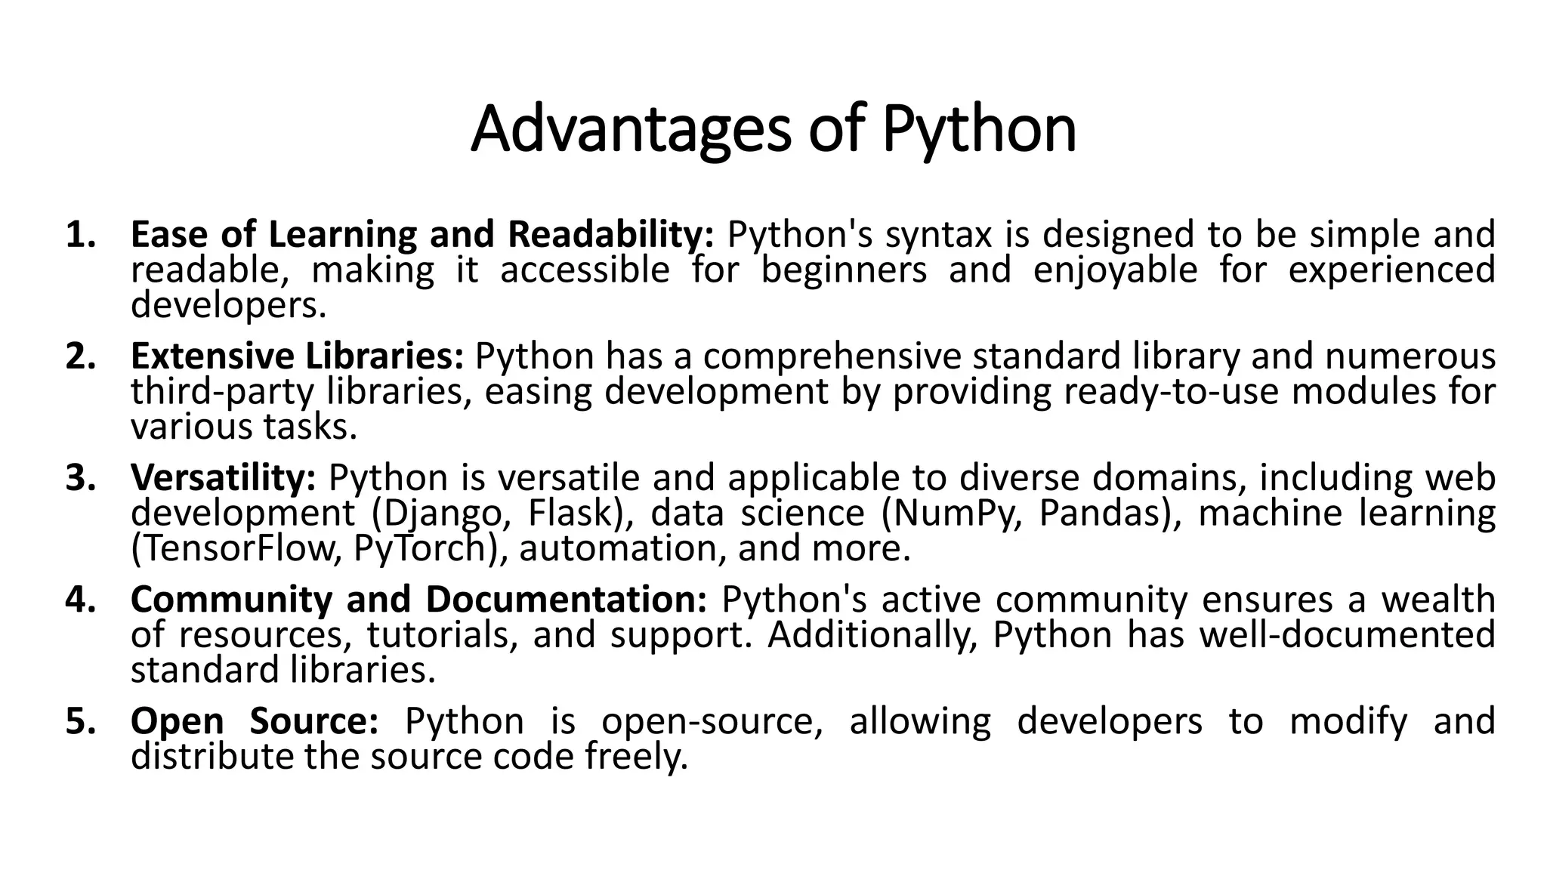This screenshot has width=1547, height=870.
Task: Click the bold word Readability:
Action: click(610, 235)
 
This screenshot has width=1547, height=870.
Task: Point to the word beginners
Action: click(844, 270)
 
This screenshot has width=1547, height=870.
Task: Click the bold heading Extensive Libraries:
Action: click(297, 356)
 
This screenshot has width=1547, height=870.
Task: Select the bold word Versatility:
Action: click(224, 478)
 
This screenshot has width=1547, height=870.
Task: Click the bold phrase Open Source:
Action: click(255, 721)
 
